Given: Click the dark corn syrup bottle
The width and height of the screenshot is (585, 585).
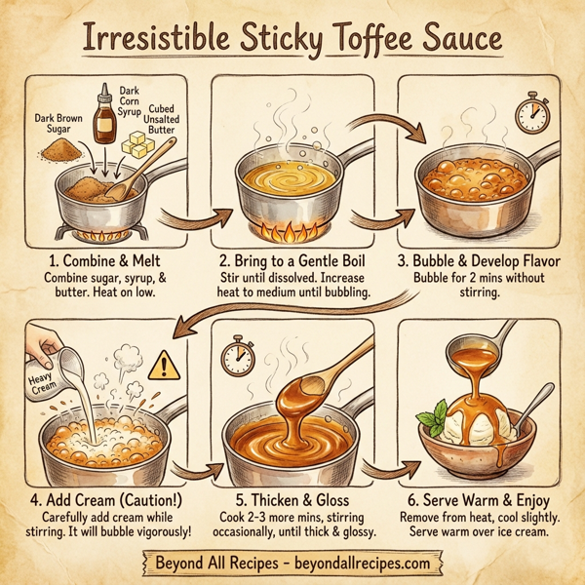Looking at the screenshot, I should click(x=104, y=118).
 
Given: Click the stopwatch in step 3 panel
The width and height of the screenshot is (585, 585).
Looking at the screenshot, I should click(x=531, y=115).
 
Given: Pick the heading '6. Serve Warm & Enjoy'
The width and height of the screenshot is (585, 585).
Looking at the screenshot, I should click(x=481, y=497).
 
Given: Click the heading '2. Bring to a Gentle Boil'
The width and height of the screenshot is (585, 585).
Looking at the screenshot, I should click(x=292, y=263).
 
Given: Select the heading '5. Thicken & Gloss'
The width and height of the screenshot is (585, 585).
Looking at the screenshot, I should click(x=292, y=497).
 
